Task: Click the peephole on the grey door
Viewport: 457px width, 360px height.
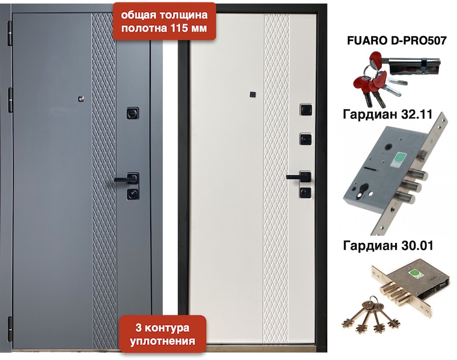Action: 81,99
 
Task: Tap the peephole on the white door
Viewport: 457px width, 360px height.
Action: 252,95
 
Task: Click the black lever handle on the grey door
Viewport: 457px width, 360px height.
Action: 126,179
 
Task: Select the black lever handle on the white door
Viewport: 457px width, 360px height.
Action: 298,176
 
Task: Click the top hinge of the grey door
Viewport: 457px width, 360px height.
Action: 10,32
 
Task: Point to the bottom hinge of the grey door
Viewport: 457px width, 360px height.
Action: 10,329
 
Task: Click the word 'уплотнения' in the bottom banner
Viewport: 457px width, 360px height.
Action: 162,341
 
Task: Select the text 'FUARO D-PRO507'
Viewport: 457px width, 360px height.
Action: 397,41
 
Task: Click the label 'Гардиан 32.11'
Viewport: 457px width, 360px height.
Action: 387,114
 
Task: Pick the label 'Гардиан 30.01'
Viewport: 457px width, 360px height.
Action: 388,245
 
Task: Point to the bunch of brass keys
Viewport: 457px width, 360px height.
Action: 371,316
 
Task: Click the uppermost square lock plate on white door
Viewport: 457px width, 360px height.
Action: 306,110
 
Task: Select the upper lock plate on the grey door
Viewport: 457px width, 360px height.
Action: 133,113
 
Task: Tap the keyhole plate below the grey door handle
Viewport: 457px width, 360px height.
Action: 133,193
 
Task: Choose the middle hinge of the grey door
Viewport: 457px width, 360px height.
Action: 10,100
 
